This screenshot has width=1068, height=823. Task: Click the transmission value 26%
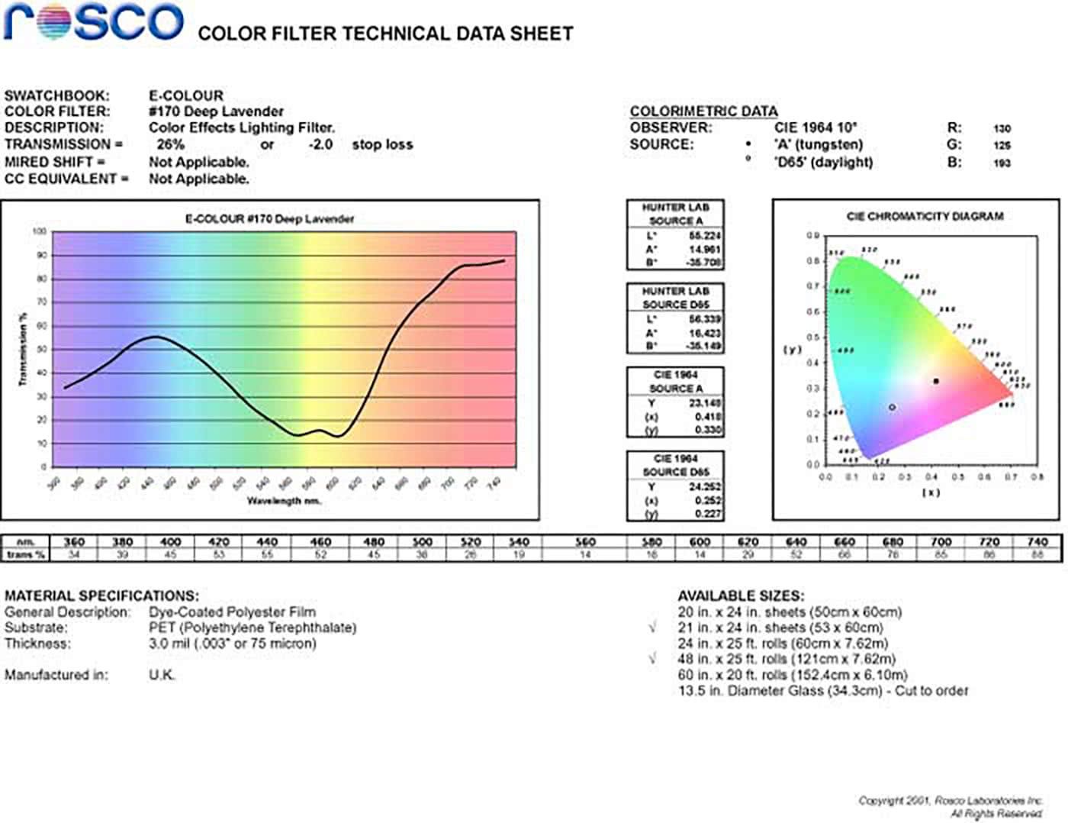tap(170, 144)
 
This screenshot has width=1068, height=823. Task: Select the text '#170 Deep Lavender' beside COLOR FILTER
tap(216, 111)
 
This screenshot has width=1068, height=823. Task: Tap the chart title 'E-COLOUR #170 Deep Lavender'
tap(270, 219)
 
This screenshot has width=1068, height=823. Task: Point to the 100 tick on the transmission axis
tap(40, 231)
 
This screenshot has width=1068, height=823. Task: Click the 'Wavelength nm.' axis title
tap(284, 501)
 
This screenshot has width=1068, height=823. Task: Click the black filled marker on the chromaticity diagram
tap(936, 381)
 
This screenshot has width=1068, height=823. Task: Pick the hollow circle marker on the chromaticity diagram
tap(893, 408)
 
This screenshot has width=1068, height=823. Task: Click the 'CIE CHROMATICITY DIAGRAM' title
tap(925, 216)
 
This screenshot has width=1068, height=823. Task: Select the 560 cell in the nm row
tap(585, 541)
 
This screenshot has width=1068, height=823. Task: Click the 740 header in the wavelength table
tap(1037, 541)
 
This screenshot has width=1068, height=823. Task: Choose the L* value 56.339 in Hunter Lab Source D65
tap(705, 319)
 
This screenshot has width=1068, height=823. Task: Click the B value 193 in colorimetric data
tap(1002, 163)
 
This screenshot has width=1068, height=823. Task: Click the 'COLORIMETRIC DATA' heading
tap(703, 111)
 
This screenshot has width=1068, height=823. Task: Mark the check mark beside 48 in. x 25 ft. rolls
tap(653, 658)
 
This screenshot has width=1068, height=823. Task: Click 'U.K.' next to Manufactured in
tap(162, 675)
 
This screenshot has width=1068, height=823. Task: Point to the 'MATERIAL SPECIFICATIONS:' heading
tap(101, 595)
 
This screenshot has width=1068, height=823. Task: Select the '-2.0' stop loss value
tap(320, 144)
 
